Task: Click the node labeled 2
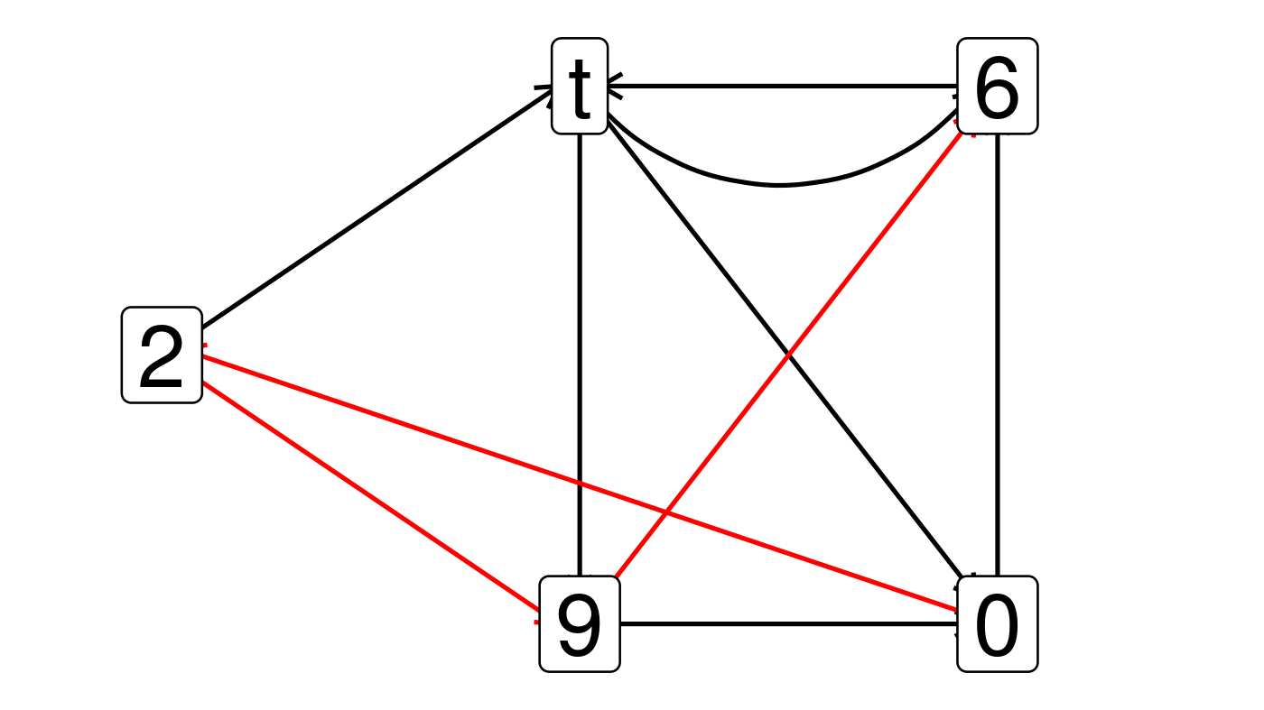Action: tap(162, 355)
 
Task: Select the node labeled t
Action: tap(580, 87)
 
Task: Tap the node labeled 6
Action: tap(997, 87)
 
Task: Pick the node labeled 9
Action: tap(580, 623)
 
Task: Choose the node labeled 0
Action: tap(997, 623)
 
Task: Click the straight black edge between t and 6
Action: tap(785, 87)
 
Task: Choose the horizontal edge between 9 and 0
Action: tap(785, 623)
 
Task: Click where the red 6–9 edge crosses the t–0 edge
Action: tap(788, 355)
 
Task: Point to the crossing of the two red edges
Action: tap(665, 513)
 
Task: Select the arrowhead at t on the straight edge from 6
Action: tap(613, 87)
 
